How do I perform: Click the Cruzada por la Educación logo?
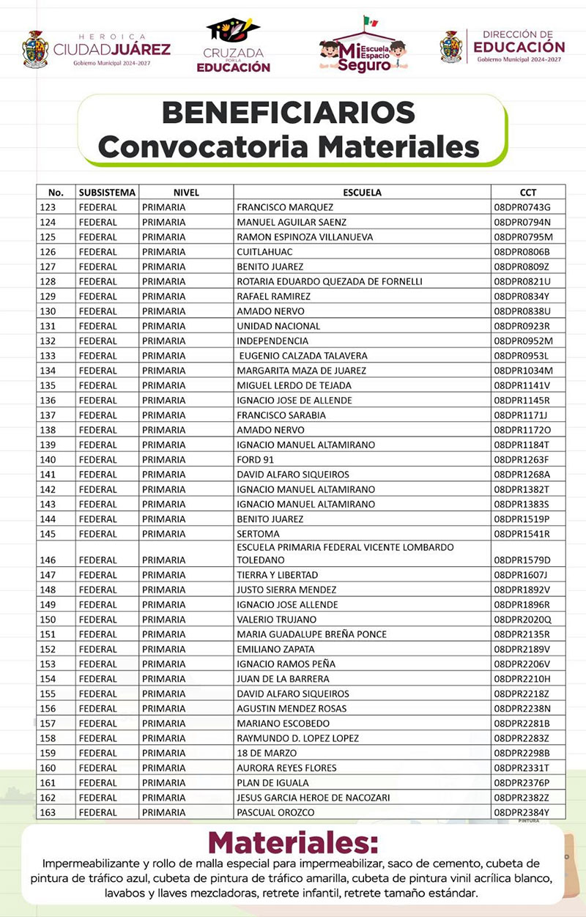233,46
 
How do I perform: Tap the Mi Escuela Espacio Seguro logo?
364,45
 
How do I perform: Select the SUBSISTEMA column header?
107,193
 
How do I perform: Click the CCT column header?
527,193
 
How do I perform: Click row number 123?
48,207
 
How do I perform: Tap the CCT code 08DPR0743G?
522,207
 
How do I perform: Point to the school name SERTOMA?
258,534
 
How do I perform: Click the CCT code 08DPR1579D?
522,560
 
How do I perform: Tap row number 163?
48,812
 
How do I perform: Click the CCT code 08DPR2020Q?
522,620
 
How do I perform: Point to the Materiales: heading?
293,841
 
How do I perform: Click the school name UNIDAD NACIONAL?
278,326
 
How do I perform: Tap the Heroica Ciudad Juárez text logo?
111,49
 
